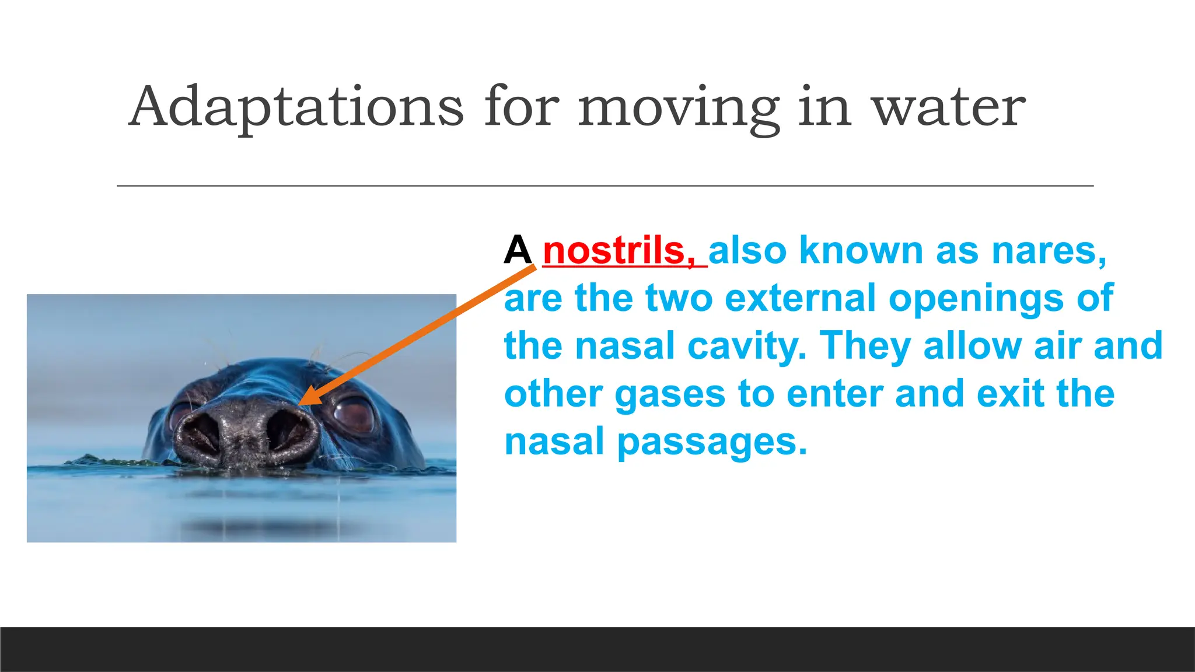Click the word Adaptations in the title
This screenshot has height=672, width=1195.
pyautogui.click(x=296, y=107)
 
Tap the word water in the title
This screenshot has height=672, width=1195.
pyautogui.click(x=948, y=107)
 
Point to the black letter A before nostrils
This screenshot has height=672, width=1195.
pyautogui.click(x=518, y=251)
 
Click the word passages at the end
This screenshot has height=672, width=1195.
pyautogui.click(x=712, y=442)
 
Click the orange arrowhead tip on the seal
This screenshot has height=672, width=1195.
pyautogui.click(x=301, y=403)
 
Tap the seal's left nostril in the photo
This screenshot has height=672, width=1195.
pyautogui.click(x=198, y=435)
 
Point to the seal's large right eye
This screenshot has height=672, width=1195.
pyautogui.click(x=354, y=414)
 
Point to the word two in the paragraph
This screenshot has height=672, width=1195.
pyautogui.click(x=679, y=298)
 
